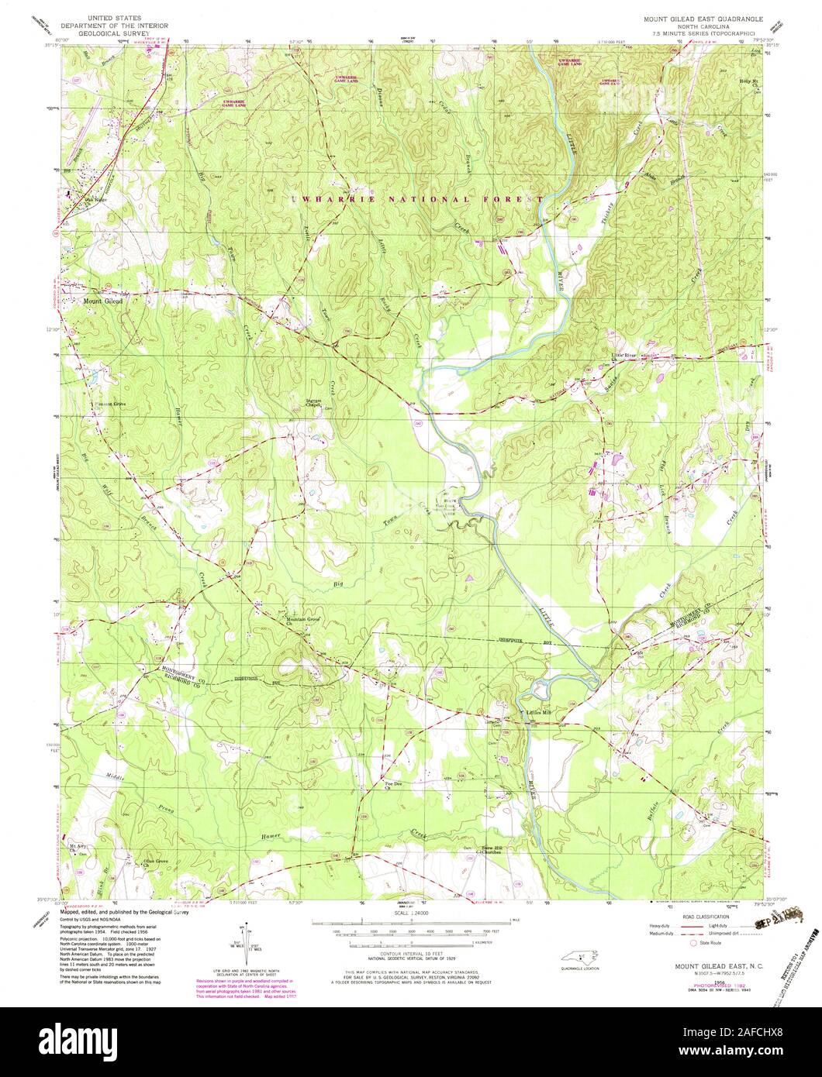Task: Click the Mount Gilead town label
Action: (x=102, y=301)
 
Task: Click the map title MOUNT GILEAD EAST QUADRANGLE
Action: (x=697, y=16)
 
